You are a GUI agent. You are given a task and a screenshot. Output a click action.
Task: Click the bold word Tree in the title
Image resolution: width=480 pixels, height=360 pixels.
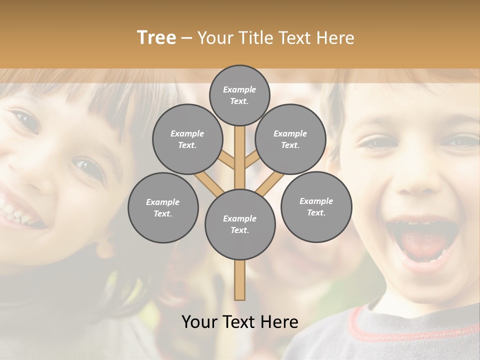pyautogui.click(x=156, y=38)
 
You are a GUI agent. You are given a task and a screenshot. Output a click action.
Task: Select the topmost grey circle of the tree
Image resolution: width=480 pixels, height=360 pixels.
pyautogui.click(x=239, y=95)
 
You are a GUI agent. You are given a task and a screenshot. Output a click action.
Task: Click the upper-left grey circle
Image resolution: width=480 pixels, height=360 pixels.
pyautogui.click(x=187, y=139)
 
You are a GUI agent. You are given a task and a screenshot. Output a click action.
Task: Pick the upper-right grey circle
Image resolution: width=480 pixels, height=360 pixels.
pyautogui.click(x=290, y=139)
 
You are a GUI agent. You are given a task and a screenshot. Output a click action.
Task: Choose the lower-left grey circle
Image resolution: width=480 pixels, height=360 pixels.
pyautogui.click(x=162, y=207)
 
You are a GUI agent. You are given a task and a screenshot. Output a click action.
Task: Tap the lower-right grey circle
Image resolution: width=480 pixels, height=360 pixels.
pyautogui.click(x=316, y=206)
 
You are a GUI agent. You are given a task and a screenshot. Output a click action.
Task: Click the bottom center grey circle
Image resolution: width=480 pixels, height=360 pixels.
pyautogui.click(x=239, y=224)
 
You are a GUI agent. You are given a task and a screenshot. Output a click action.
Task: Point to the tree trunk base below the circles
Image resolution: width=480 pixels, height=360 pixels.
pyautogui.click(x=240, y=282)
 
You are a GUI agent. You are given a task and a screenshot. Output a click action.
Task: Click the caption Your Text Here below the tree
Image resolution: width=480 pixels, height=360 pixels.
pyautogui.click(x=239, y=322)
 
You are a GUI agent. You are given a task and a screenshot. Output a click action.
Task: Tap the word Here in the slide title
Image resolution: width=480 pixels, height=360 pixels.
pyautogui.click(x=336, y=38)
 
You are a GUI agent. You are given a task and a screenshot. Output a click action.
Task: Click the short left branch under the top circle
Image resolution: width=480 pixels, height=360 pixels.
pyautogui.click(x=227, y=159)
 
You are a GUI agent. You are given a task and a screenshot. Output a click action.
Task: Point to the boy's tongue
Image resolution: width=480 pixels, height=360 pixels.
pyautogui.click(x=425, y=242)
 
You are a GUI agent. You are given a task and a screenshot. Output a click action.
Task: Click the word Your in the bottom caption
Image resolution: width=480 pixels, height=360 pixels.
pyautogui.click(x=199, y=322)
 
